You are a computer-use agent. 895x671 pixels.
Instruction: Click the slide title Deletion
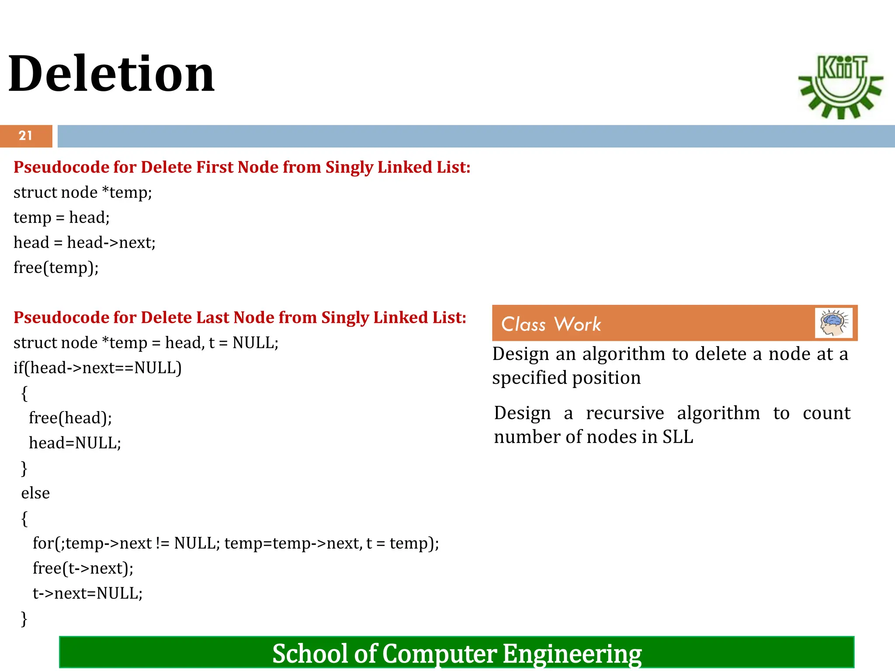pos(111,74)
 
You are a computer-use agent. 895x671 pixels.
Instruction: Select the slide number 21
pos(26,136)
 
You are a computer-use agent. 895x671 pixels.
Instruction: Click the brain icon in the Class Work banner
pos(833,323)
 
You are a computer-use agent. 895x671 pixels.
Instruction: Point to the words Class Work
pos(551,324)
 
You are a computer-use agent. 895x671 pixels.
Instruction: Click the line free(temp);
pos(56,267)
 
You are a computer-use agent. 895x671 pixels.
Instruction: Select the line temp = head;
pos(62,217)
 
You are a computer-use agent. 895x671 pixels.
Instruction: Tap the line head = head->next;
pos(84,242)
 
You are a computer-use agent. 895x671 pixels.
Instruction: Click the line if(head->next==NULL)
pos(97,368)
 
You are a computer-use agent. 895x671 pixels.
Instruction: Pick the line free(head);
pos(70,418)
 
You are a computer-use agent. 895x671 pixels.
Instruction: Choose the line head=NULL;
pos(75,443)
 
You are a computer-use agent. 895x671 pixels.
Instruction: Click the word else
pos(35,493)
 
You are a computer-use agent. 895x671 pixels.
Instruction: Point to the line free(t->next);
pos(83,568)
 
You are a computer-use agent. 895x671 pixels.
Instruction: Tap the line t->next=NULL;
pos(87,593)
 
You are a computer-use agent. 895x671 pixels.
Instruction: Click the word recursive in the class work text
pos(625,413)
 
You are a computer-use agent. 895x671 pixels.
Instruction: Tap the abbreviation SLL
pos(678,437)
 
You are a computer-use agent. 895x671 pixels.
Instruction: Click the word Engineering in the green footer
pos(572,654)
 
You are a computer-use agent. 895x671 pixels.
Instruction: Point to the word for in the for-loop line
pos(43,543)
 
